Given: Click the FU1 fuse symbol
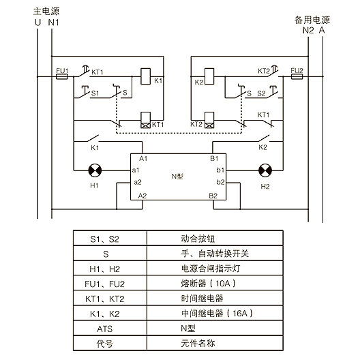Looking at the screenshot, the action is [x=62, y=76].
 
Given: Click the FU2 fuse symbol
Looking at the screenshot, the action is [x=297, y=76].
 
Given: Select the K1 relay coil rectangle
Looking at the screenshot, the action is [x=145, y=76].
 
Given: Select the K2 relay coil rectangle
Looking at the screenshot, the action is [x=209, y=76].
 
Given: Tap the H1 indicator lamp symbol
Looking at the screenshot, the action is [x=95, y=170].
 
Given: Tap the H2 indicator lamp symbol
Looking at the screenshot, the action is [x=265, y=170].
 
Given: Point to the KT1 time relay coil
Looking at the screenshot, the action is [x=145, y=120].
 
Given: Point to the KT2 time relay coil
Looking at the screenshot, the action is [x=209, y=120].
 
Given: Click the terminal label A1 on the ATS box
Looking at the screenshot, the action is [x=143, y=159].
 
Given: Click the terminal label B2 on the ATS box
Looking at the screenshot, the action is [x=213, y=196].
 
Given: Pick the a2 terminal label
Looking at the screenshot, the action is [x=138, y=183].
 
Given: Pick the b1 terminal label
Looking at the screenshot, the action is [x=220, y=170].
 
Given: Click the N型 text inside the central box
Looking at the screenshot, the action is [x=177, y=177].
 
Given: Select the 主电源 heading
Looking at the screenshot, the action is [x=46, y=11].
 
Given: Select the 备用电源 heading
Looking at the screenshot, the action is [x=312, y=20].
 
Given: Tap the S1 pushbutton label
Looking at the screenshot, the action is [x=95, y=93].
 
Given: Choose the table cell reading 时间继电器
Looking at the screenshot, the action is [x=215, y=298].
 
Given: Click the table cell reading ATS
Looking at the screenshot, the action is [x=110, y=329].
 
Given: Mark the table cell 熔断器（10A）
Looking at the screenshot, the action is [x=215, y=283].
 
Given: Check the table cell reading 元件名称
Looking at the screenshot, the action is [x=215, y=344].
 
